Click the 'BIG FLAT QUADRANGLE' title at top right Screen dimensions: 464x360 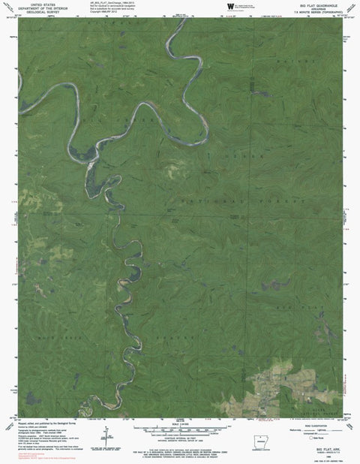point(319,5)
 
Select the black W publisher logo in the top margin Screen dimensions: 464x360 point(230,7)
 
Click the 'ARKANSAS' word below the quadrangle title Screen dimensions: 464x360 point(319,8)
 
